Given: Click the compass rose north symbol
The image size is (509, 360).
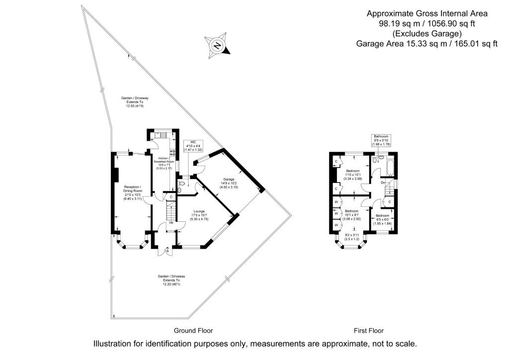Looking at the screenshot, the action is point(217,45).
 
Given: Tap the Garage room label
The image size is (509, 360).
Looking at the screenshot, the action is point(229,182).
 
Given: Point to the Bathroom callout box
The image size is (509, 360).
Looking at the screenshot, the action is point(381,140).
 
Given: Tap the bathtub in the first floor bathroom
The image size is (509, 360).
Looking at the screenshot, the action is point(389,168).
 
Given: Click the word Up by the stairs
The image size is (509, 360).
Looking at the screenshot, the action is point(171,222).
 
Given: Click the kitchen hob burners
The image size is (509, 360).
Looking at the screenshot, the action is point(173,154).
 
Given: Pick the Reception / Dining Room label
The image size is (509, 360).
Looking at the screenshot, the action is point(133,191).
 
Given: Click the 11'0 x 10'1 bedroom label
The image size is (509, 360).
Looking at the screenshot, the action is point(353,175).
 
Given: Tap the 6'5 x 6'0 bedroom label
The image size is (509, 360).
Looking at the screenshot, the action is point(382,219).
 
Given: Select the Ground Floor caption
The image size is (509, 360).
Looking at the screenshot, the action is point(193,331).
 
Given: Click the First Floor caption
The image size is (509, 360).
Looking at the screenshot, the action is point(368,331).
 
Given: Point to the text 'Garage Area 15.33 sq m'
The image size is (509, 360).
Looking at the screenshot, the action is point(426,44).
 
